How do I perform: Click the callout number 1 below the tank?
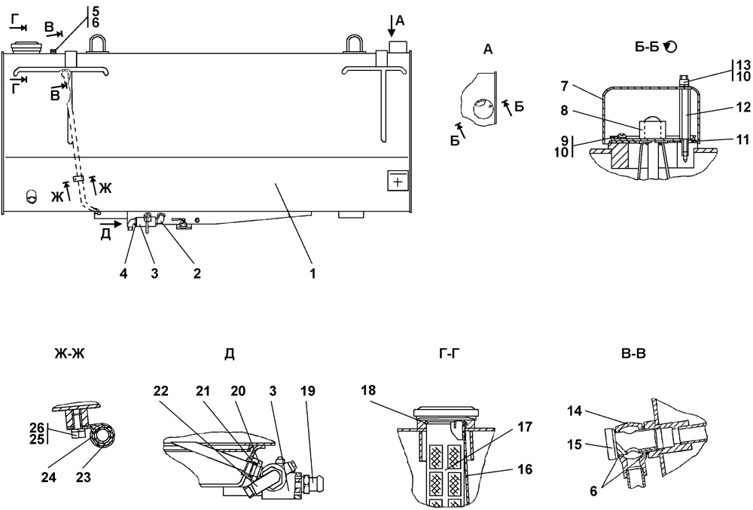pyautogui.click(x=312, y=273)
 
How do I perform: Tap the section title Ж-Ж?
pyautogui.click(x=70, y=354)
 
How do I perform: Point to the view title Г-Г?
pyautogui.click(x=450, y=354)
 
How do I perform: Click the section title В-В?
pyautogui.click(x=633, y=354)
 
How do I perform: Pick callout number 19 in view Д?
pyautogui.click(x=308, y=391)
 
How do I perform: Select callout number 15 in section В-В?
pyautogui.click(x=575, y=444)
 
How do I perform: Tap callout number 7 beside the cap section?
pyautogui.click(x=564, y=87)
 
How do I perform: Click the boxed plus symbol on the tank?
pyautogui.click(x=398, y=181)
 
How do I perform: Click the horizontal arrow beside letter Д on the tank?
pyautogui.click(x=111, y=223)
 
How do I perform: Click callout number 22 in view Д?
pyautogui.click(x=161, y=391)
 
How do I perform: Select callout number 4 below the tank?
pyautogui.click(x=124, y=273)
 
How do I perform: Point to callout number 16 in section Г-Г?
pyautogui.click(x=526, y=469)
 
